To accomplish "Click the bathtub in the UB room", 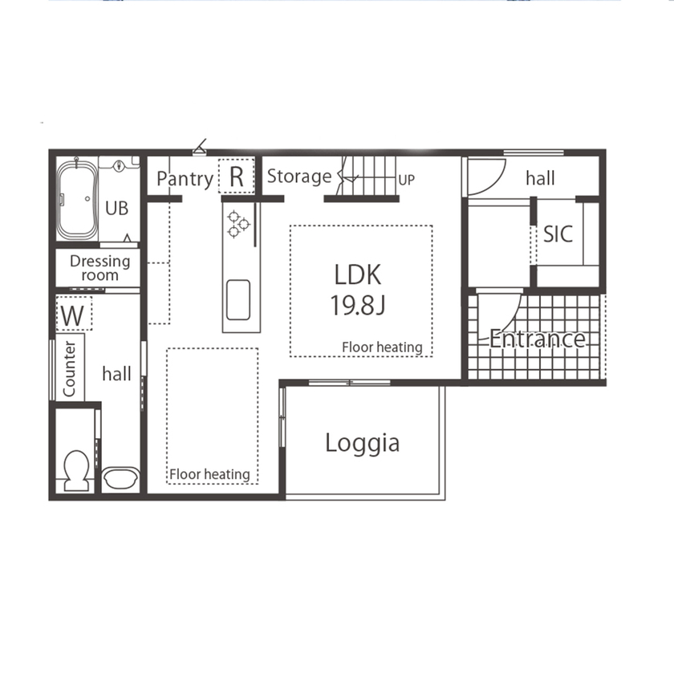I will tap(77, 201).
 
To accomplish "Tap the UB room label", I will tap(117, 209).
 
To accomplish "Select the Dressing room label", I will tap(100, 268).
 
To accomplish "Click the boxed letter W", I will tap(73, 315).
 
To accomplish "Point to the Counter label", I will tap(69, 368).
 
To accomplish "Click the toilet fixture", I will tap(77, 470).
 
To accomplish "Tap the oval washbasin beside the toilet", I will tap(120, 478).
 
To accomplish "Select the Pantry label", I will tap(185, 178).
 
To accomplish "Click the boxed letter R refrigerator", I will tap(236, 177).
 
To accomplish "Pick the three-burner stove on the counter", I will tap(238, 224).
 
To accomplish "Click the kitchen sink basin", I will tap(238, 299).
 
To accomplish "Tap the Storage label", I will tap(298, 177).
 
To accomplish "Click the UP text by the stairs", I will tap(407, 180).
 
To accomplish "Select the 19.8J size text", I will tap(358, 305).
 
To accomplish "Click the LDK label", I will tap(358, 274).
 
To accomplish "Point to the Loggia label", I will tap(362, 443).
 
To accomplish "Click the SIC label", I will tap(558, 233).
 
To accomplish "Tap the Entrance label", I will tap(537, 339).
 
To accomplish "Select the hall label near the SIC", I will tap(540, 178).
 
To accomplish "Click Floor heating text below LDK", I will tap(382, 347).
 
